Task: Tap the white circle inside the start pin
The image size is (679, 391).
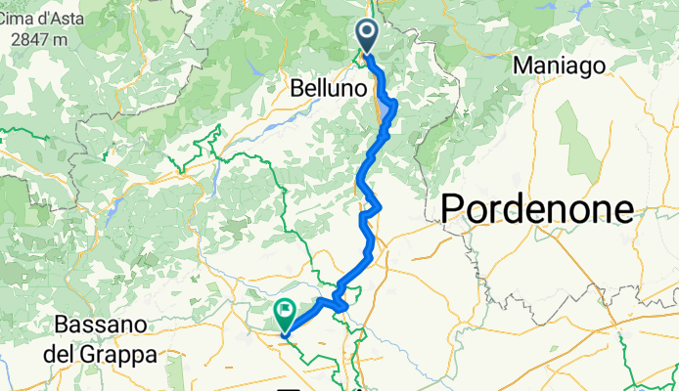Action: [368, 33]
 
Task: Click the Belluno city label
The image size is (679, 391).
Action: [329, 88]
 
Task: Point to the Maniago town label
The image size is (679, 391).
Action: [561, 65]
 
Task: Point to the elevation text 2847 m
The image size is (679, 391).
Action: [33, 39]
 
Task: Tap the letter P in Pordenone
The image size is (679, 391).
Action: [454, 208]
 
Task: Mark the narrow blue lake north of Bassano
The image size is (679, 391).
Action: [113, 207]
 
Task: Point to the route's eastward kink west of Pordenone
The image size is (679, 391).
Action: [376, 206]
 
